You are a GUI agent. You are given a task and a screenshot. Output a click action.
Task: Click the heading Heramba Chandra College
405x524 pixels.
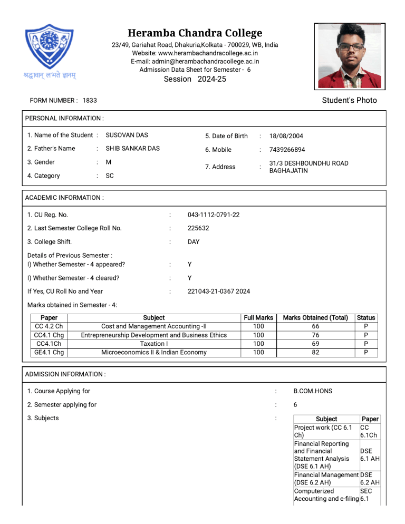195,33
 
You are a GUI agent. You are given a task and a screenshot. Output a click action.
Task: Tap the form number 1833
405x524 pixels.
90,100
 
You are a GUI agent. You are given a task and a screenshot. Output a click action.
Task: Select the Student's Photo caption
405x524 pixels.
349,100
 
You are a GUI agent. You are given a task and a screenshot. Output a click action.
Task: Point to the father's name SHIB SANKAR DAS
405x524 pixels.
132,149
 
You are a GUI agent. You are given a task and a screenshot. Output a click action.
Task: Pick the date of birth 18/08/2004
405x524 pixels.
286,136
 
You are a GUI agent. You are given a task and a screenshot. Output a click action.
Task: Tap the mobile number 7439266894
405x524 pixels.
287,150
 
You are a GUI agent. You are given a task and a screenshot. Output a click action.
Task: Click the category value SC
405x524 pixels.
110,176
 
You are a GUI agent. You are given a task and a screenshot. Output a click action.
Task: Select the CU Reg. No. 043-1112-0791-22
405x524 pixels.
214,215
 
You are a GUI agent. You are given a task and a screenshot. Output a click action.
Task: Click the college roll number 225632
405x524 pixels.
198,228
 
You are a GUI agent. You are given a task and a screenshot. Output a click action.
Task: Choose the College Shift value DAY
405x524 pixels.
194,242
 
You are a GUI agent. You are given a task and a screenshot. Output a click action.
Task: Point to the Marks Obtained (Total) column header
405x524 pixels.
315,318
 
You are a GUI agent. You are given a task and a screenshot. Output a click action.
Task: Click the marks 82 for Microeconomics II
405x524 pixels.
315,352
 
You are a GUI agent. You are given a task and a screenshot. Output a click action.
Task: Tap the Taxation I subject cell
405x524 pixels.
153,344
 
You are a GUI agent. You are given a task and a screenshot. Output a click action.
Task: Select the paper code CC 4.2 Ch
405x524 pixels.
49,326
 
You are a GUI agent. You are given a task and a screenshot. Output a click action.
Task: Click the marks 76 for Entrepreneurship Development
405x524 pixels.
315,335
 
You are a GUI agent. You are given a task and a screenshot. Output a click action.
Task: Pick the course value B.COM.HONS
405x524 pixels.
313,392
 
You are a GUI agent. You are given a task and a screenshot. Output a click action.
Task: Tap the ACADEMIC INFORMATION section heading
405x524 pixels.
64,198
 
